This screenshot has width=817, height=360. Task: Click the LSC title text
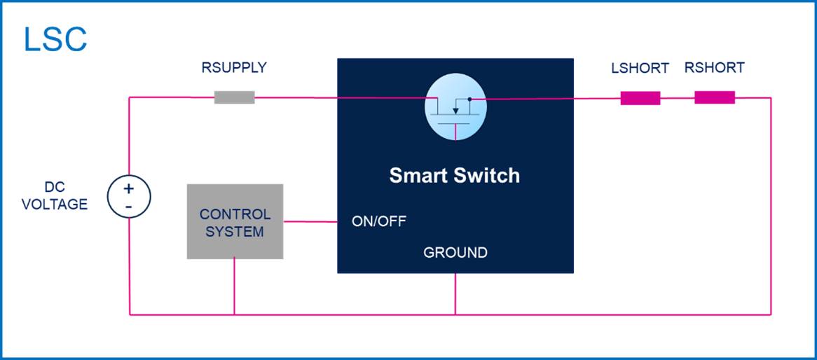pyautogui.click(x=55, y=40)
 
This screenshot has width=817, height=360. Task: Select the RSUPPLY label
pyautogui.click(x=234, y=68)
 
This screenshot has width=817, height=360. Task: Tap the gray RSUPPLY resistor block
pyautogui.click(x=235, y=97)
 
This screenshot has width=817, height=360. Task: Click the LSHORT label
pyautogui.click(x=640, y=68)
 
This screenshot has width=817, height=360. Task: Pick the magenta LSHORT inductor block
pyautogui.click(x=640, y=98)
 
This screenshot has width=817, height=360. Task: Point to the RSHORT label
pyautogui.click(x=715, y=68)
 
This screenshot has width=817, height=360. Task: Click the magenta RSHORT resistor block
pyautogui.click(x=715, y=97)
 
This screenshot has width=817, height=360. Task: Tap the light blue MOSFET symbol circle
pyautogui.click(x=455, y=106)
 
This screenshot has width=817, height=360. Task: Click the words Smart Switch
pyautogui.click(x=454, y=176)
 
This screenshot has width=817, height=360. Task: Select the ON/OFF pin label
pyautogui.click(x=379, y=221)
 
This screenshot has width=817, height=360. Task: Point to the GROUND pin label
pyautogui.click(x=455, y=253)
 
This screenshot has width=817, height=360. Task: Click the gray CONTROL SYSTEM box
pyautogui.click(x=235, y=221)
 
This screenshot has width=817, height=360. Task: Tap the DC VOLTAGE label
pyautogui.click(x=55, y=196)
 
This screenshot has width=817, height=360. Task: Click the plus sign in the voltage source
pyautogui.click(x=129, y=188)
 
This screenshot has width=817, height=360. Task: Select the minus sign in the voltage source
pyautogui.click(x=129, y=207)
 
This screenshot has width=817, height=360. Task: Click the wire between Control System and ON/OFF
pyautogui.click(x=310, y=221)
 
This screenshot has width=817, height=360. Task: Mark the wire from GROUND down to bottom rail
pyautogui.click(x=455, y=294)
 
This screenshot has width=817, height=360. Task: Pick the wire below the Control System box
pyautogui.click(x=234, y=286)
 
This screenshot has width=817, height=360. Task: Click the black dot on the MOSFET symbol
pyautogui.click(x=469, y=99)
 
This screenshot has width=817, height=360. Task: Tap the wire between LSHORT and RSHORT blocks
pyautogui.click(x=678, y=98)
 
